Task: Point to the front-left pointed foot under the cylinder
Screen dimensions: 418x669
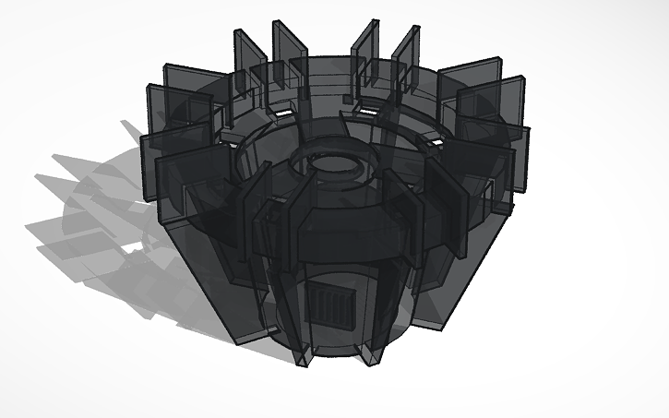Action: pyautogui.click(x=303, y=358)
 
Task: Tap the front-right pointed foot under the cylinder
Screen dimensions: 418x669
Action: pyautogui.click(x=375, y=352)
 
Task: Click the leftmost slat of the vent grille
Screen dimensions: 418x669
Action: pyautogui.click(x=309, y=305)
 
